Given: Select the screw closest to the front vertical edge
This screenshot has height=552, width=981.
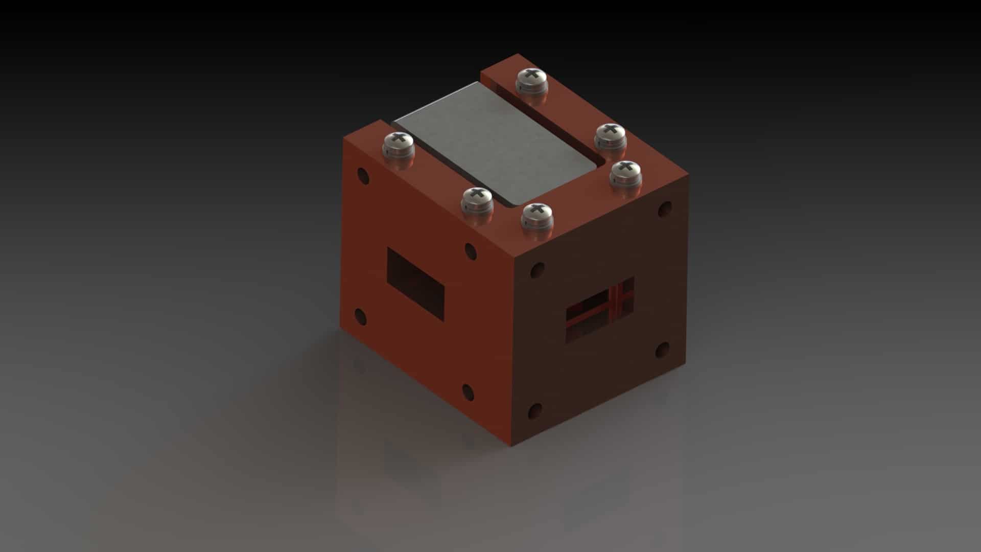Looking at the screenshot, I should pos(536,214).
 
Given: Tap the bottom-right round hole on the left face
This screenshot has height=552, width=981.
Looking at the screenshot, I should pos(469,392).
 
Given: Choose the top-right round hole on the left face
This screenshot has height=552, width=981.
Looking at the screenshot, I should pos(471,251).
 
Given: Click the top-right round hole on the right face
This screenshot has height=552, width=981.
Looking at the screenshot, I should pos(665,209).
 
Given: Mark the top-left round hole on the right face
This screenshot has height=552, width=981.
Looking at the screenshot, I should pos(537,270).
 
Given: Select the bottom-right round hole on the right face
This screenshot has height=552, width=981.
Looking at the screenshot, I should pos(662,350).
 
